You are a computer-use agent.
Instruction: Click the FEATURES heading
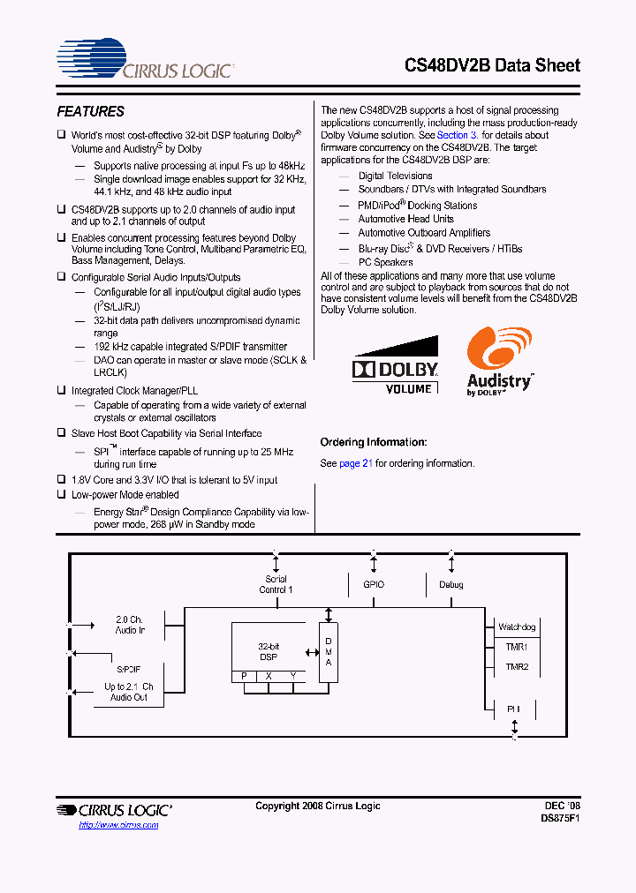pyautogui.click(x=90, y=112)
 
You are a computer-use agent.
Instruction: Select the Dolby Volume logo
pyautogui.click(x=395, y=365)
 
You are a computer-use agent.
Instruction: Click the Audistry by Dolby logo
pyautogui.click(x=499, y=362)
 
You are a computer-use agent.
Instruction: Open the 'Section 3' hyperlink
pyautogui.click(x=458, y=135)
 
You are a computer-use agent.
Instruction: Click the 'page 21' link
pyautogui.click(x=356, y=463)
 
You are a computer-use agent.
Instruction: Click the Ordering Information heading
pyautogui.click(x=373, y=442)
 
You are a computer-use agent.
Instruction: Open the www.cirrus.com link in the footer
pyautogui.click(x=118, y=824)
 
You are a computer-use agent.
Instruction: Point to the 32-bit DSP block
pyautogui.click(x=268, y=652)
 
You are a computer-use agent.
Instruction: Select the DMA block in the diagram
pyautogui.click(x=329, y=652)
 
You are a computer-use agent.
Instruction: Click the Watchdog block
pyautogui.click(x=517, y=627)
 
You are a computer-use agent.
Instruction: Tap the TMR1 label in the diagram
pyautogui.click(x=517, y=647)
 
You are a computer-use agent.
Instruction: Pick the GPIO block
pyautogui.click(x=374, y=585)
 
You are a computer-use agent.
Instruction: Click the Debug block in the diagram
pyautogui.click(x=450, y=585)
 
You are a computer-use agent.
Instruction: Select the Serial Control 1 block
pyautogui.click(x=276, y=584)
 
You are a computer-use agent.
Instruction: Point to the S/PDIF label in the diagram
pyautogui.click(x=129, y=670)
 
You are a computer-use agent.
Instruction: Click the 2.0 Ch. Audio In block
pyautogui.click(x=129, y=625)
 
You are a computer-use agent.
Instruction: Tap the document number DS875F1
pyautogui.click(x=560, y=818)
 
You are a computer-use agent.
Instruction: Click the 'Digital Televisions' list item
pyautogui.click(x=395, y=176)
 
